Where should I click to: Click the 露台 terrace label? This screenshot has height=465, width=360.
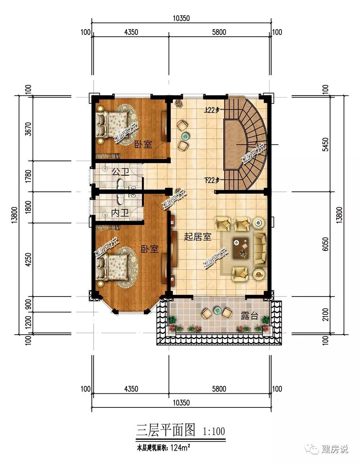click(x=249, y=316)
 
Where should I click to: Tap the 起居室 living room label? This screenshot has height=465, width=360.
click(x=198, y=237)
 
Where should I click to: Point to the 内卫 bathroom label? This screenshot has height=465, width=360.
click(x=120, y=213)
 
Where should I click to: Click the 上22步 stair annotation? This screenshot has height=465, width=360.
click(x=212, y=110)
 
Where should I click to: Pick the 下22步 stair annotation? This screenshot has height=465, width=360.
click(x=212, y=180)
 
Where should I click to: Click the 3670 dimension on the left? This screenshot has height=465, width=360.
click(x=28, y=129)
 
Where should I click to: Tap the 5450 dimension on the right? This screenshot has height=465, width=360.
click(x=325, y=144)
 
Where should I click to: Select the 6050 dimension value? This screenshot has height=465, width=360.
click(x=325, y=244)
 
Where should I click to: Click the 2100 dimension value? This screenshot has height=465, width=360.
click(x=325, y=315)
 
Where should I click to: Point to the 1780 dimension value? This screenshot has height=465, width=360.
click(x=28, y=176)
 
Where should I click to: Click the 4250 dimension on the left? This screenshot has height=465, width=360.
click(x=28, y=259)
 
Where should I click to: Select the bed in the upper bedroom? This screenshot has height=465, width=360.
click(x=112, y=124)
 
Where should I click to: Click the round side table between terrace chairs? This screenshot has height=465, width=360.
click(x=217, y=310)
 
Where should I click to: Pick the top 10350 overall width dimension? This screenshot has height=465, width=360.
click(x=181, y=18)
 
